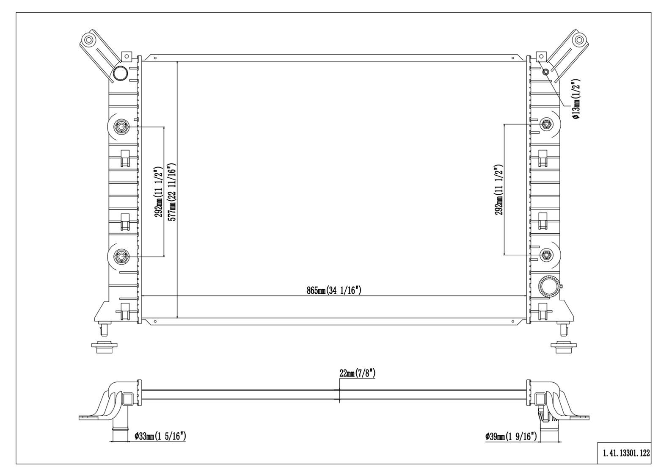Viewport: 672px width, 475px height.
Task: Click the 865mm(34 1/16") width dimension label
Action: pos(334,290)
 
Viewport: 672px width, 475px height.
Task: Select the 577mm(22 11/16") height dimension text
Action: pos(172,191)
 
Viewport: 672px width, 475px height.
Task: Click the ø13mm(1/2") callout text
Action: pos(576,99)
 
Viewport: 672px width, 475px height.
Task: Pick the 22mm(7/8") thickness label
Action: pos(357,373)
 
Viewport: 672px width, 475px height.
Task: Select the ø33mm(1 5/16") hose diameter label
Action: pos(160,436)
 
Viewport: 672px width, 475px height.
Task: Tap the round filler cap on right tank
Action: pos(549,287)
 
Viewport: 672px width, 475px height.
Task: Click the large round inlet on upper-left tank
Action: pos(120,74)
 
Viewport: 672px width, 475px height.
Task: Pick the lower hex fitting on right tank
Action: pos(546,254)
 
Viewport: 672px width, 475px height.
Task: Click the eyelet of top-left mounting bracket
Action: pos(89,41)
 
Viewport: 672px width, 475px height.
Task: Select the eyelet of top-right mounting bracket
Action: pos(578,41)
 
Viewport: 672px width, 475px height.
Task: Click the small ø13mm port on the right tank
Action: pos(546,72)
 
